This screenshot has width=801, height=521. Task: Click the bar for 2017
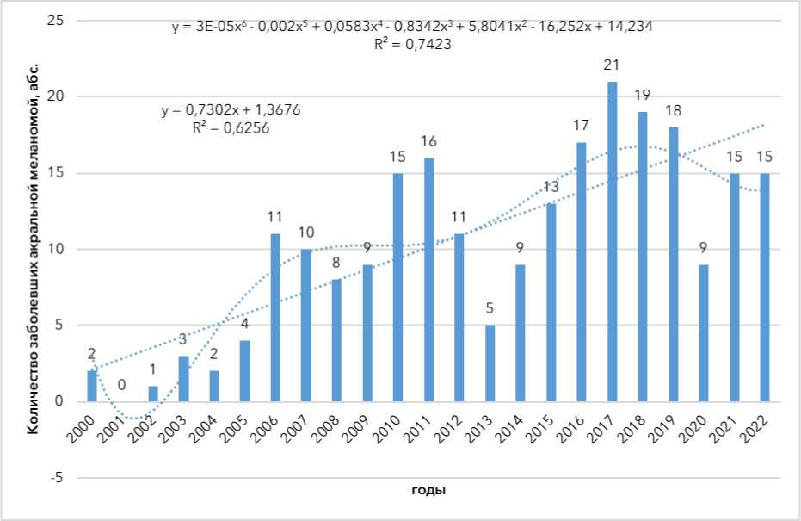pos(613,241)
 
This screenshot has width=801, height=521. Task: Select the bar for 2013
pos(490,363)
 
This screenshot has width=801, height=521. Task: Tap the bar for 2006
pos(276,317)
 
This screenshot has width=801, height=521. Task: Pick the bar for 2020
pos(705,332)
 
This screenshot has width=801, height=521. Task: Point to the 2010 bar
pos(398,287)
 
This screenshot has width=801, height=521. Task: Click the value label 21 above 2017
pos(613,66)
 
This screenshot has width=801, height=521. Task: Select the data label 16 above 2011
pos(429,142)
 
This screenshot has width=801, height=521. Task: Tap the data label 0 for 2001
pos(123,385)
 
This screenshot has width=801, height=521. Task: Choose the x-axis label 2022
pos(761,427)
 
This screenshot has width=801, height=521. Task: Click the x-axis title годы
pos(428,491)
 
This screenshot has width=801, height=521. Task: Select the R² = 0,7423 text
pos(412,45)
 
